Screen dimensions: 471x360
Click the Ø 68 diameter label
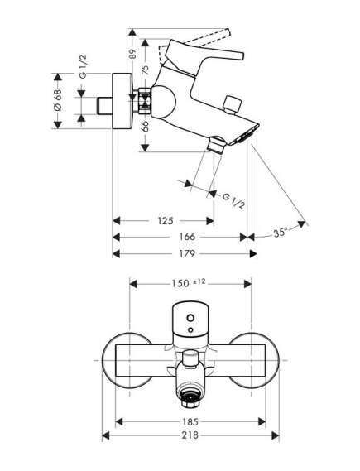tap(58, 103)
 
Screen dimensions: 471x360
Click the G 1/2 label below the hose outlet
tap(234, 199)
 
